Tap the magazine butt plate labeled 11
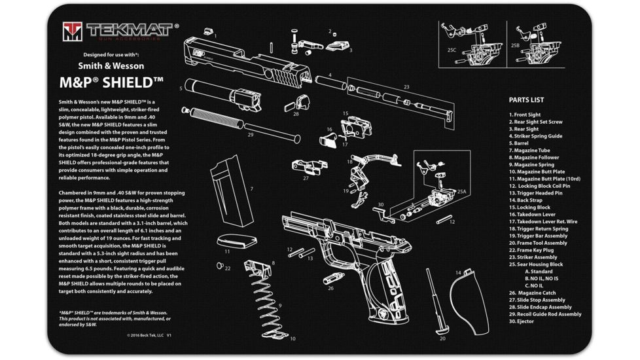click(234, 238)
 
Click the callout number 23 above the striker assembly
click(406, 86)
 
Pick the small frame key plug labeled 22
click(219, 265)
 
